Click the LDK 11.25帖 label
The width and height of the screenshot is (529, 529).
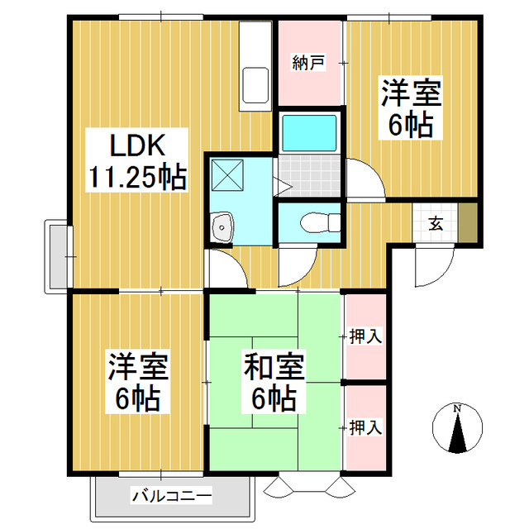coord(136,162)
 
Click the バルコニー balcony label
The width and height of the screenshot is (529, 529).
coord(172,497)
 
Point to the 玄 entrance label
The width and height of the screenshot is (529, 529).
coord(435,222)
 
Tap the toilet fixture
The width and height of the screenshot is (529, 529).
coord(318,222)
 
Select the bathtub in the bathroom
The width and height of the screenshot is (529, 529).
coord(310,131)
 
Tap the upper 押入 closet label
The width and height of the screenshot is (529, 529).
coord(365,336)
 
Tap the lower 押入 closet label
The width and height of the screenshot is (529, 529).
coord(365,427)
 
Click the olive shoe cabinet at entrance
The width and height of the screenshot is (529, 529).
coord(468,222)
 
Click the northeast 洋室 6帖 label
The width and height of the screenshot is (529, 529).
coord(411,107)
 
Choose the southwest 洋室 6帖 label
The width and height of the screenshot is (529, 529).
coord(136,384)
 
